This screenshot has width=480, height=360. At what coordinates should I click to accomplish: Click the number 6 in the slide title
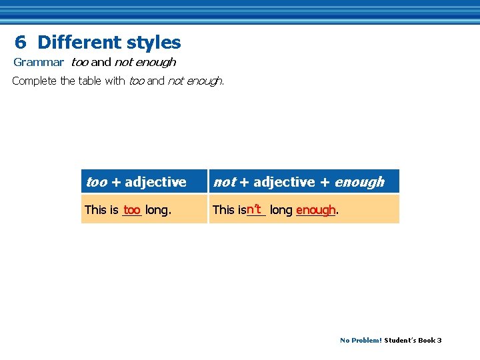21,43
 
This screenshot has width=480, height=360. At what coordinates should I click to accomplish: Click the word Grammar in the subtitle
39,62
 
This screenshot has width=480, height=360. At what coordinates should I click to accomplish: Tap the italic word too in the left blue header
97,182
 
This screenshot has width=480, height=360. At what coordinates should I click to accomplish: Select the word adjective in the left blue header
155,182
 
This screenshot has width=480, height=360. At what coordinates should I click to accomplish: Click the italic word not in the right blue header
225,182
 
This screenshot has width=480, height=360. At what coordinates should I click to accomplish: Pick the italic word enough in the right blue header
359,182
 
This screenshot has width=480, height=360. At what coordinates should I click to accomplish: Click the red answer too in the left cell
132,209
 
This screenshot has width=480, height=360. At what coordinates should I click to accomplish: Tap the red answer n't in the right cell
254,209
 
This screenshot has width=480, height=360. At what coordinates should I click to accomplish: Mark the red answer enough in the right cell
315,210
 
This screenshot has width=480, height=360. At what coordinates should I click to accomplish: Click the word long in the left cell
157,210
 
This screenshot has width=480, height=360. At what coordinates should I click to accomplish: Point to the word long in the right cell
281,210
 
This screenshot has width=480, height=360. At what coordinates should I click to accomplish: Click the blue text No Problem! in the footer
361,340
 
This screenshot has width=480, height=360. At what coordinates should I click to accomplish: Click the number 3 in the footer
439,340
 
